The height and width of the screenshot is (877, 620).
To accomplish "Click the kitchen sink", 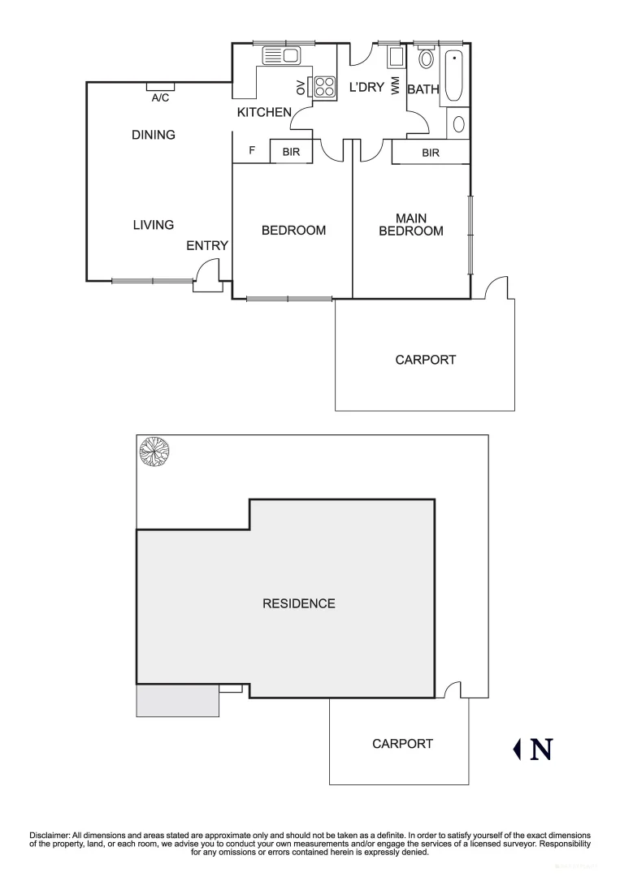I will coord(281,56).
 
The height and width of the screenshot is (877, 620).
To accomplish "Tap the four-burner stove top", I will coord(325,86).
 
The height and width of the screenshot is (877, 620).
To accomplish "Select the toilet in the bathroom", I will coord(426,58).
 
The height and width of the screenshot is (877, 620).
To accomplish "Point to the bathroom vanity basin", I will coord(458,124).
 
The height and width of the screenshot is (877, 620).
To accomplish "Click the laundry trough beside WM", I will coord(396,57).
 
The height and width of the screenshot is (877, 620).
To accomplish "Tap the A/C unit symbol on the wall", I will coord(160,87).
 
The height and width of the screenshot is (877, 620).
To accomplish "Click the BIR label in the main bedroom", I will coord(431,152).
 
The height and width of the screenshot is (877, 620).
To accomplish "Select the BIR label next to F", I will coord(292,152).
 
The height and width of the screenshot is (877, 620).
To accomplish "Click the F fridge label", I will coord(252,151).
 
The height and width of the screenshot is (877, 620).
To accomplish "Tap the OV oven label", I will coord(301,88).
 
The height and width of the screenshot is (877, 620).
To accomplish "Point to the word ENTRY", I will coord(207,246).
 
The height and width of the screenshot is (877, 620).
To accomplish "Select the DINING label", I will coord(154,135).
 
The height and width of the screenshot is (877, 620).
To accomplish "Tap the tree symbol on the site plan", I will coord(154,451).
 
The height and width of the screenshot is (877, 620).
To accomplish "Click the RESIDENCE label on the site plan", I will coord(298,603).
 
